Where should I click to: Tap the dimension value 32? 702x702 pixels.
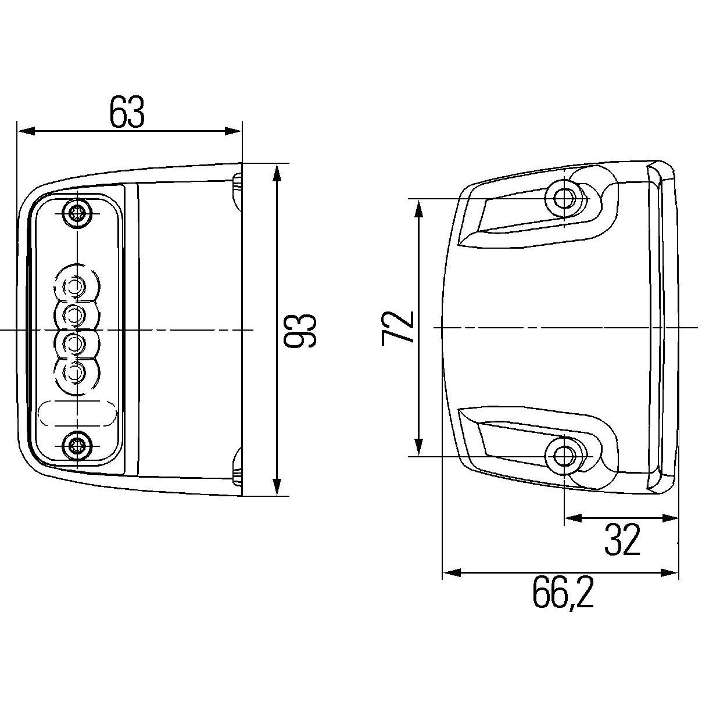pyautogui.click(x=622, y=540)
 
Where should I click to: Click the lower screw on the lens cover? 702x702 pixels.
pyautogui.click(x=76, y=446)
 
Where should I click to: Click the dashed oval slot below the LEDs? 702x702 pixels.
pyautogui.click(x=77, y=414)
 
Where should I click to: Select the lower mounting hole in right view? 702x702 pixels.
pyautogui.click(x=563, y=456)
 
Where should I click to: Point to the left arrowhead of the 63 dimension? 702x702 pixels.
pyautogui.click(x=23, y=131)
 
